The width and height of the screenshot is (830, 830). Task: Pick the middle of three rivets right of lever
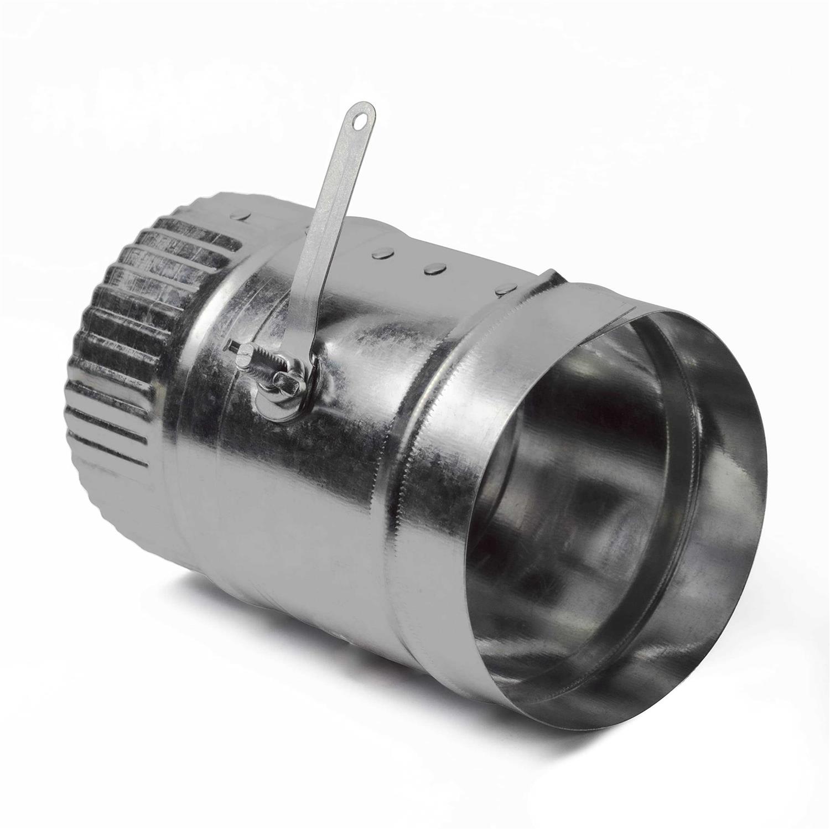click(x=433, y=268)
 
